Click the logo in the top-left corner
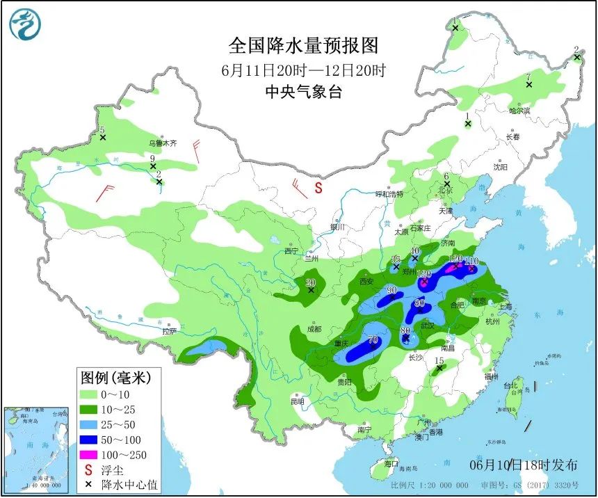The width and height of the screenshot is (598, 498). click(x=25, y=24)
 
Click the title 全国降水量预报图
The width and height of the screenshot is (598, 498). click(x=304, y=46)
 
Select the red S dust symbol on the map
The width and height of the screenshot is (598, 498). click(x=318, y=187)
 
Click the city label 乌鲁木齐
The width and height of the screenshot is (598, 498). click(x=162, y=143)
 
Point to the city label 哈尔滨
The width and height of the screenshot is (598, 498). click(x=519, y=111)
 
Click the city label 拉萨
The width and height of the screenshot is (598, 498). click(x=170, y=330)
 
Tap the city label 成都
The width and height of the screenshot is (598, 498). click(x=314, y=329)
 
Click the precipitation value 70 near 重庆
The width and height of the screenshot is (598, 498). click(x=373, y=340)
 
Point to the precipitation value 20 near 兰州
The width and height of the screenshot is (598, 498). click(x=311, y=282)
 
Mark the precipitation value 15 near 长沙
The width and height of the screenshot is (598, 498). click(x=438, y=360)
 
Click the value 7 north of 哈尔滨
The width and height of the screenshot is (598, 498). click(x=528, y=77)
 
